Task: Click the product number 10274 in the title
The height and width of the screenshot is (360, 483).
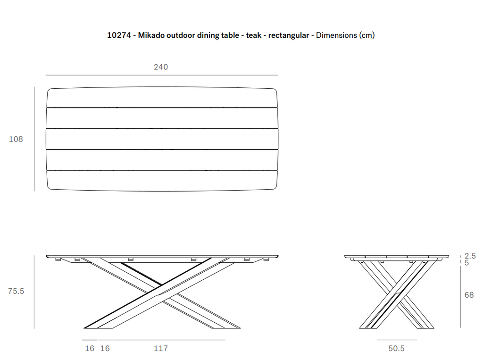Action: tap(119, 35)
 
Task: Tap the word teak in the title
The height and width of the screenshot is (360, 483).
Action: tap(253, 35)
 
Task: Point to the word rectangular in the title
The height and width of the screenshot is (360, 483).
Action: tap(288, 35)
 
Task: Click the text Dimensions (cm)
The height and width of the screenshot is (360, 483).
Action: tap(345, 35)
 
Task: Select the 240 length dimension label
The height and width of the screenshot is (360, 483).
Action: tap(161, 67)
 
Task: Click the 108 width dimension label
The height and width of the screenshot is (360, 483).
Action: tap(16, 139)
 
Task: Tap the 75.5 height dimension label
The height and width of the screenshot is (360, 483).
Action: tap(16, 291)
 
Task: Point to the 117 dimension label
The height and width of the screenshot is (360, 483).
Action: tap(161, 348)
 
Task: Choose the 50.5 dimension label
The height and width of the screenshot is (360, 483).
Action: tap(396, 348)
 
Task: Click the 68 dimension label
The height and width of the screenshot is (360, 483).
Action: tap(469, 295)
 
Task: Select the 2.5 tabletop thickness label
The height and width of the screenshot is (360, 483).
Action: tap(470, 256)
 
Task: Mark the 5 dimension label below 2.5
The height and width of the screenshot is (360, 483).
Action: tap(466, 263)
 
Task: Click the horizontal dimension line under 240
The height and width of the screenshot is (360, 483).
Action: tap(162, 75)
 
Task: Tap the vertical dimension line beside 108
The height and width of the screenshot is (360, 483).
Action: tap(34, 139)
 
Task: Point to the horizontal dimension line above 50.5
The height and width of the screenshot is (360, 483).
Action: tap(397, 340)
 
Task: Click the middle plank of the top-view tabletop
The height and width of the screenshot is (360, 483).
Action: tap(162, 139)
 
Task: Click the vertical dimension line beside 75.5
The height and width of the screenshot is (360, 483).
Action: tap(34, 292)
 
